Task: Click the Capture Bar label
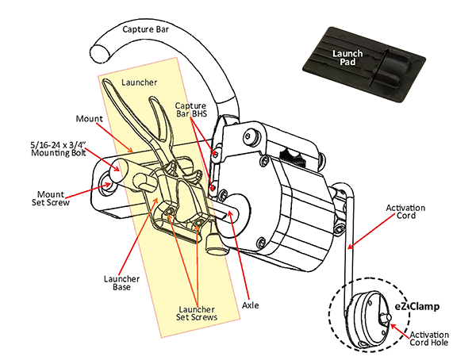pyautogui.click(x=145, y=29)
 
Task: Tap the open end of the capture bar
pyautogui.click(x=101, y=54)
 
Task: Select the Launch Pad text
pyautogui.click(x=347, y=58)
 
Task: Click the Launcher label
pyautogui.click(x=140, y=82)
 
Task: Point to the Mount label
pyautogui.click(x=89, y=119)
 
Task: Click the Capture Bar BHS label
pyautogui.click(x=191, y=109)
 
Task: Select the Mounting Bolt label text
pyautogui.click(x=58, y=148)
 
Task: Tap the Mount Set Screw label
pyautogui.click(x=51, y=198)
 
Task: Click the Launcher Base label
pyautogui.click(x=121, y=282)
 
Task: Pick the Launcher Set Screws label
pyautogui.click(x=197, y=313)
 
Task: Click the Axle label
pyautogui.click(x=251, y=305)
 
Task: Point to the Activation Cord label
pyautogui.click(x=405, y=212)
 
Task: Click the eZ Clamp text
pyautogui.click(x=417, y=306)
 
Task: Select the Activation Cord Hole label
pyautogui.click(x=429, y=339)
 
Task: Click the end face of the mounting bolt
pyautogui.click(x=117, y=167)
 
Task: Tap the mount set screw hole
pyautogui.click(x=107, y=184)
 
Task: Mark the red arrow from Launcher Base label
pyautogui.click(x=138, y=236)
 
